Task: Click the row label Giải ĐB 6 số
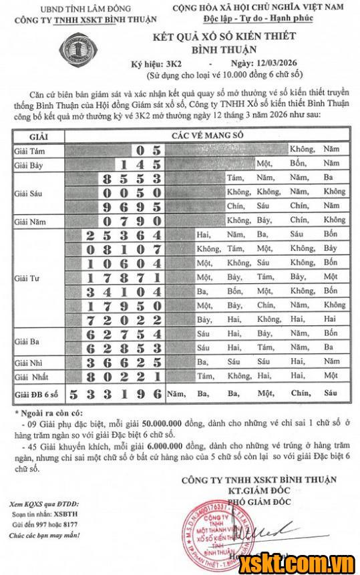pyautogui.click(x=34, y=393)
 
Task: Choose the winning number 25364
pyautogui.click(x=124, y=234)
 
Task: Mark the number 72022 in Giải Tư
pyautogui.click(x=124, y=319)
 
